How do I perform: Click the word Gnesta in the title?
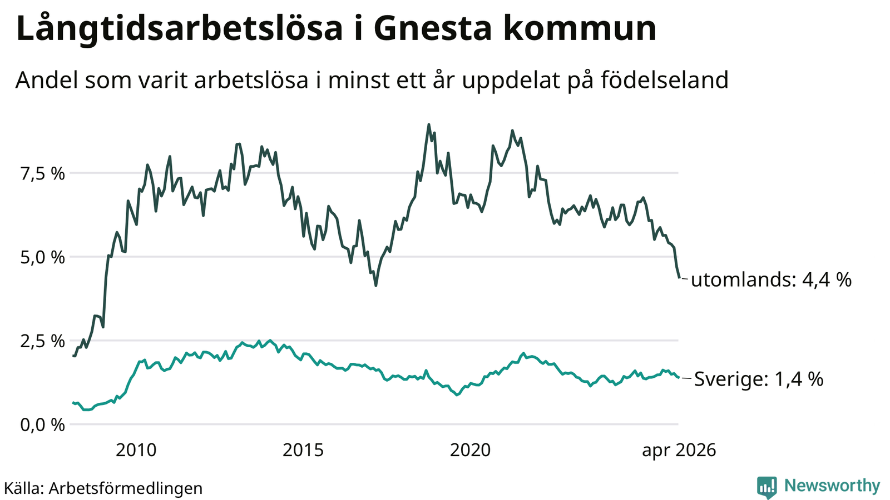point(433,28)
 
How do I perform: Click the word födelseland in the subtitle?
point(664,80)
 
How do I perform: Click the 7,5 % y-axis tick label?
point(42,174)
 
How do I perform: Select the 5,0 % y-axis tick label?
point(42,258)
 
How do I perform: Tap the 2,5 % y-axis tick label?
point(42,341)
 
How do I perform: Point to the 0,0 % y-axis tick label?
point(42,425)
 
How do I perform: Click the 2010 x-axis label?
point(136,451)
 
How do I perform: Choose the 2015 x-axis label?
point(303,451)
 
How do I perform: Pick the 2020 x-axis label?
point(471,451)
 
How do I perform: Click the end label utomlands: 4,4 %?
point(771,280)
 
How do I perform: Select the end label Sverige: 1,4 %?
point(759,379)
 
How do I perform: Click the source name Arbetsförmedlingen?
point(126,488)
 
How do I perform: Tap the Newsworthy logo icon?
point(767,487)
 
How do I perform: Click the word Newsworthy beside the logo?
point(832,486)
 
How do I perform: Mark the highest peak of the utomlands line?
point(429,124)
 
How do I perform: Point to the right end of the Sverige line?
point(679,377)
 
